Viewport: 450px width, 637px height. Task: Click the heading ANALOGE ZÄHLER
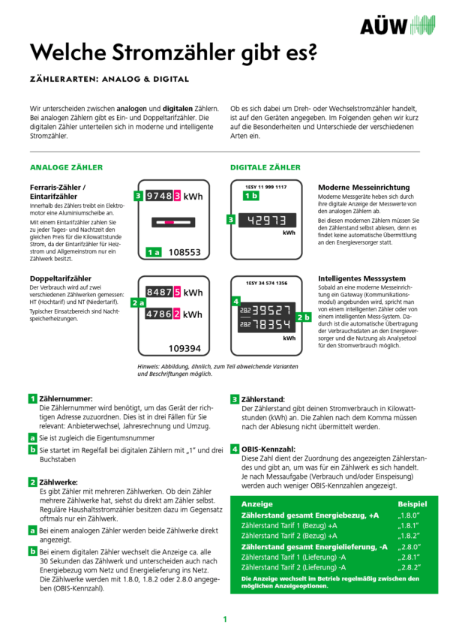point(66,167)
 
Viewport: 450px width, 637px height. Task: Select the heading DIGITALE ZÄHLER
point(265,167)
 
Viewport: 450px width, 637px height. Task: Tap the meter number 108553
point(184,253)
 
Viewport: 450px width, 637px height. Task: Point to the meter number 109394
point(184,348)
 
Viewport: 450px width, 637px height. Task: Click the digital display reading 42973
point(268,220)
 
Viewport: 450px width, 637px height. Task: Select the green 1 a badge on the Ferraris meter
point(154,253)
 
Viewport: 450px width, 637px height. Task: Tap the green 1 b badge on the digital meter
point(251,196)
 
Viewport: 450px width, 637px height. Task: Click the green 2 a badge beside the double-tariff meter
point(137,302)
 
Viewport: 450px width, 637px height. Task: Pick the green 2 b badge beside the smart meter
point(304,317)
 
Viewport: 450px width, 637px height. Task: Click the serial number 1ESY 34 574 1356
point(266,283)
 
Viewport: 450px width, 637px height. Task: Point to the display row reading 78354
point(271,324)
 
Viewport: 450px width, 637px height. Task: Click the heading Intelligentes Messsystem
point(358,277)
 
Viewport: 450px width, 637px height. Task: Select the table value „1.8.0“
point(407,516)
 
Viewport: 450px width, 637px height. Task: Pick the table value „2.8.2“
point(407,568)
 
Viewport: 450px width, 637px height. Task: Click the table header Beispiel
point(412,504)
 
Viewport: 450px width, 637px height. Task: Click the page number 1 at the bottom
point(224,620)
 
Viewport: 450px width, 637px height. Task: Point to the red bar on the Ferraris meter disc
point(173,222)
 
